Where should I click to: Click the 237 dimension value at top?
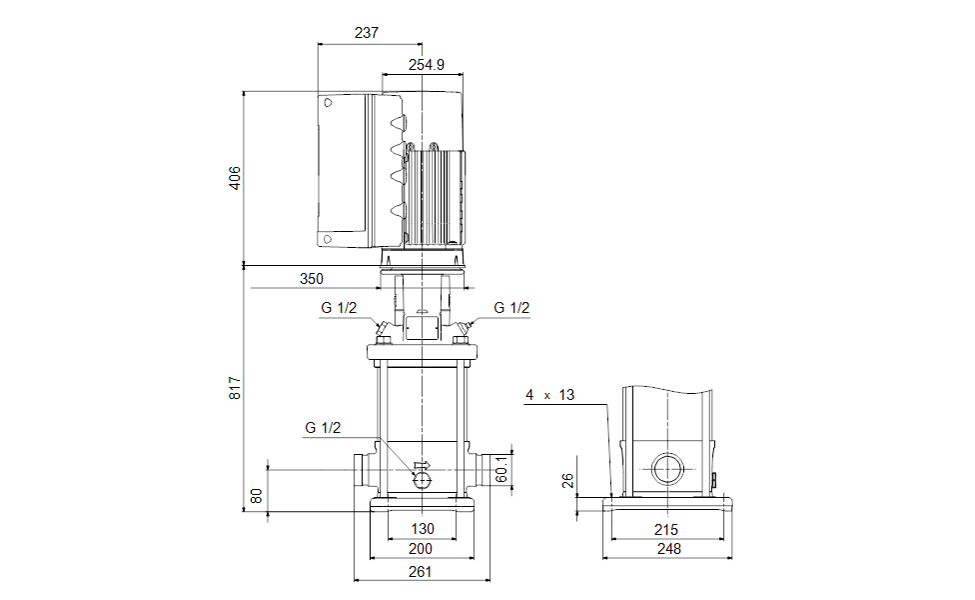[x=367, y=32]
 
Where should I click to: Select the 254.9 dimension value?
[x=427, y=65]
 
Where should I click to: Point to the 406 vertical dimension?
[x=235, y=178]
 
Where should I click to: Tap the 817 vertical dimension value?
[x=235, y=388]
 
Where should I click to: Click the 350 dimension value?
[x=311, y=279]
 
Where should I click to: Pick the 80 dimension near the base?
[x=257, y=495]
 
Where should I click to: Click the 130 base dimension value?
[x=423, y=529]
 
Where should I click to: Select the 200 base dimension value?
[x=422, y=549]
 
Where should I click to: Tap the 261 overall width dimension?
[x=422, y=571]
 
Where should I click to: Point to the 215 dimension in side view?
[x=666, y=529]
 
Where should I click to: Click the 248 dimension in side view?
[x=668, y=549]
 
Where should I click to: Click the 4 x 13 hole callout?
[x=550, y=395]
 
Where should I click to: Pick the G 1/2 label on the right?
[x=511, y=308]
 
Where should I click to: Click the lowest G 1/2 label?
[x=323, y=428]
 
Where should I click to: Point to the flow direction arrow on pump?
[x=421, y=465]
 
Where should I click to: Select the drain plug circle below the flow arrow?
[x=423, y=481]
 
